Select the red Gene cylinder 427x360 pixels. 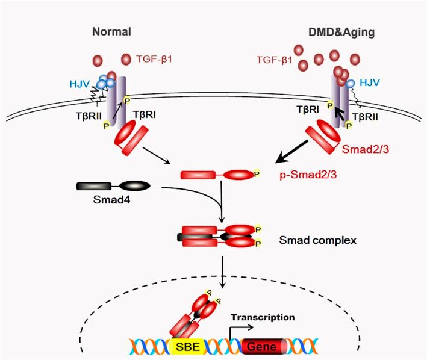(264, 347)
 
